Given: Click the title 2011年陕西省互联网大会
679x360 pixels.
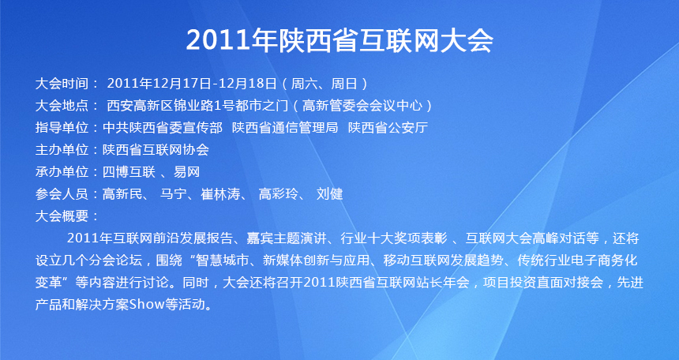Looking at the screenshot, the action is tap(339, 40).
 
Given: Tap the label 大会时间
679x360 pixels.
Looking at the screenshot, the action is tap(62, 83).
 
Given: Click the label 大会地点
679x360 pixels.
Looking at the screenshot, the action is tap(62, 105).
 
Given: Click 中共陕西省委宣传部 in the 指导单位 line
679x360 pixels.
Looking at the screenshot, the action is tap(163, 127).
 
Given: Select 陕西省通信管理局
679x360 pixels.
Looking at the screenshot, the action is tap(285, 127).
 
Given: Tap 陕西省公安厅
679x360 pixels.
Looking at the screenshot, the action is tap(388, 127).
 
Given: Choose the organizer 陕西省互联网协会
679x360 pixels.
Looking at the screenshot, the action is tap(156, 149).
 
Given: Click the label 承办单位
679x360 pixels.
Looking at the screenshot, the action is tap(62, 172).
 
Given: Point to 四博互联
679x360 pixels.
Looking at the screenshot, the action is tap(129, 172).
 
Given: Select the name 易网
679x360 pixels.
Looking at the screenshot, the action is tap(186, 172).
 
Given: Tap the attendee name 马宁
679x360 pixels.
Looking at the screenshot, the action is tap(173, 194).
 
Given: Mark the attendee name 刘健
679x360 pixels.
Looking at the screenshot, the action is tap(329, 194).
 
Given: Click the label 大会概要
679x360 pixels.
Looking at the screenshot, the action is tap(62, 216).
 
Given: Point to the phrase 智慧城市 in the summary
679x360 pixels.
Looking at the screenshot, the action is tap(223, 261).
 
